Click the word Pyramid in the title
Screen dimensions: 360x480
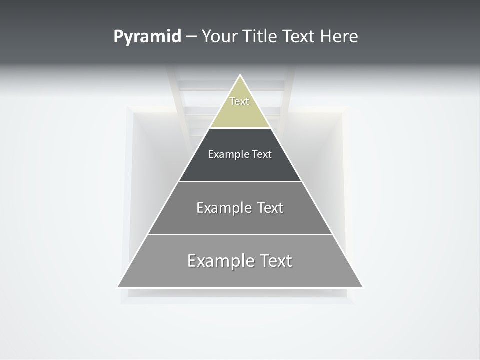coord(147,37)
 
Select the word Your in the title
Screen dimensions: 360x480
coord(219,37)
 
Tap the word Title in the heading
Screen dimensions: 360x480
coord(259,37)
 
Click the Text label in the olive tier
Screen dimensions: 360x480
coord(239,101)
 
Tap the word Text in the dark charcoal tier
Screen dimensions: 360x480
coord(262,154)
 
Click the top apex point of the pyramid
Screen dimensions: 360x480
coord(240,75)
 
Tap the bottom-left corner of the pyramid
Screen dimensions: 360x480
coord(118,287)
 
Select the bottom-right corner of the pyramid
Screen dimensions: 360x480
coord(363,287)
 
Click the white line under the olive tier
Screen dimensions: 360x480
coord(240,128)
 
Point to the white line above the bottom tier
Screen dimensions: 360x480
coord(240,234)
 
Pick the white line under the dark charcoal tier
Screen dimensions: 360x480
coord(240,181)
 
